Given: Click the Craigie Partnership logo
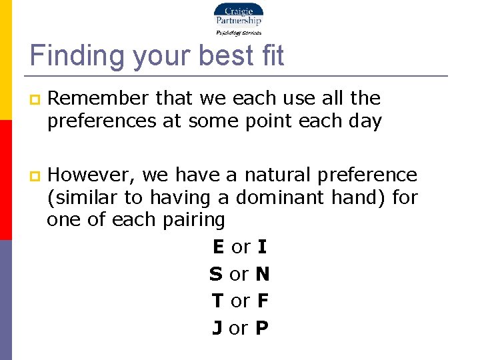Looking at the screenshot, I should pos(238,19).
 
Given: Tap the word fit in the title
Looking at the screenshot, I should pos(269,55).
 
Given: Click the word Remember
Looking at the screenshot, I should pos(99,99).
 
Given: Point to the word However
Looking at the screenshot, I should pos(93,175).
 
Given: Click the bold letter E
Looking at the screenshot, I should pos(218,247).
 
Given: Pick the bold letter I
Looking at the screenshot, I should pos(262,247).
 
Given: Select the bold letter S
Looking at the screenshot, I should pos(215,274).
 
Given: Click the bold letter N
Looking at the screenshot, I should pos(262,274).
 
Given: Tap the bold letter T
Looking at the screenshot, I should pos(217,301).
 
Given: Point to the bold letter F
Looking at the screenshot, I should pos(262,301).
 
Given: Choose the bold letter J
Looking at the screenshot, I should pos(217,329).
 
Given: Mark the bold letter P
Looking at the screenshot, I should pos(261,329).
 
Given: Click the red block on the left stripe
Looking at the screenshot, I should pos(5,180).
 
